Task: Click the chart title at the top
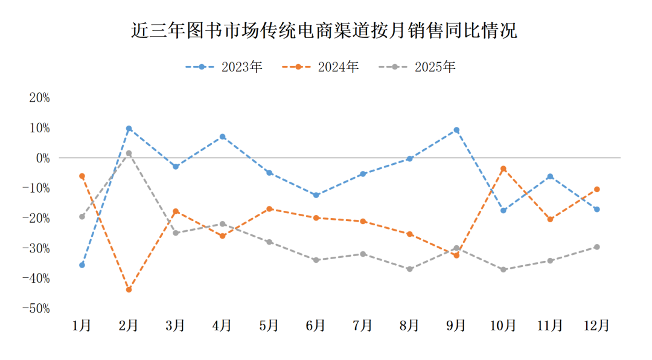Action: point(325,30)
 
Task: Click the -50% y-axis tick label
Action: point(36,309)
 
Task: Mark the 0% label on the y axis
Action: point(42,158)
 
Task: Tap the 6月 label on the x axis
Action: point(316,326)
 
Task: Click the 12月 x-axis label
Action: point(596,326)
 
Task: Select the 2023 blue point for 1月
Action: point(82,265)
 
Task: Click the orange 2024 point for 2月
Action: point(129,290)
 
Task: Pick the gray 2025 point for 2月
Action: point(129,153)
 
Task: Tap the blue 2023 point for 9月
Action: point(456,130)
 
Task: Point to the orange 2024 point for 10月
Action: point(503,169)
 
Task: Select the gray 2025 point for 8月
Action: point(409,269)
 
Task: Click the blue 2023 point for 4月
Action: point(222,137)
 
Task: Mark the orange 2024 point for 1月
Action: point(82,176)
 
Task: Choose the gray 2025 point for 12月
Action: point(596,247)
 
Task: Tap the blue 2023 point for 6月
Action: point(316,195)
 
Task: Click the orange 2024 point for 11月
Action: point(550,219)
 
